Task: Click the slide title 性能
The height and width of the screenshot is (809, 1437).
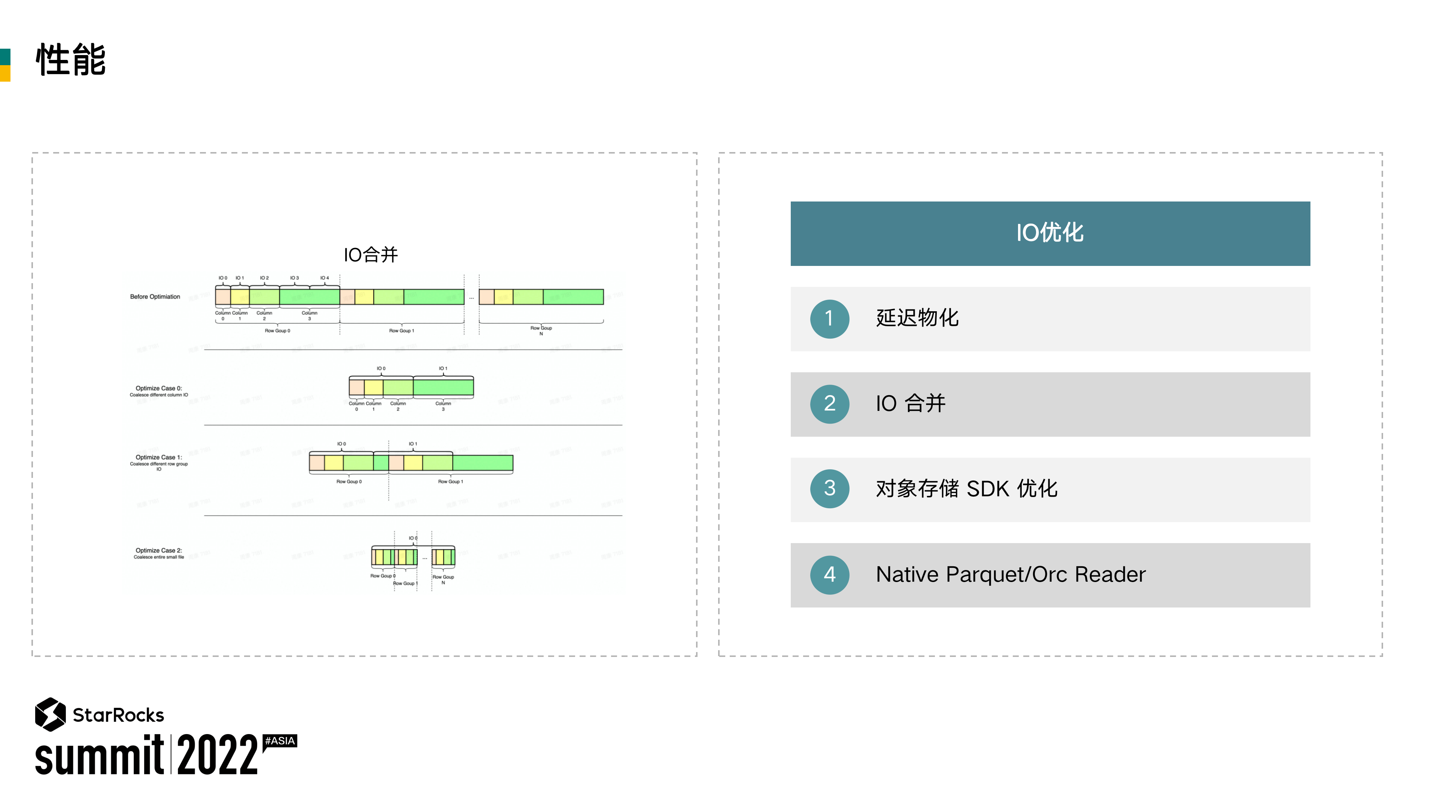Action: click(71, 60)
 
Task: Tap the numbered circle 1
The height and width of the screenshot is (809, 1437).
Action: click(829, 319)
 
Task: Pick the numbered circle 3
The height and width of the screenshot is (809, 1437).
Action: click(829, 489)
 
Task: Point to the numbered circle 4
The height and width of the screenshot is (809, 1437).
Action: click(829, 575)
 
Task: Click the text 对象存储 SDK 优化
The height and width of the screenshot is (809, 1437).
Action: click(966, 489)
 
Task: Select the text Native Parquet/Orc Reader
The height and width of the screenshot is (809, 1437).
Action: click(1010, 575)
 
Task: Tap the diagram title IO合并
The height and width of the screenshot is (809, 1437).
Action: click(370, 255)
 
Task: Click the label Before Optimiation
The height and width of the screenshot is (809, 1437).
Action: click(155, 297)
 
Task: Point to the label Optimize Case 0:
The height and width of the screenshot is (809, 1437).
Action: click(158, 388)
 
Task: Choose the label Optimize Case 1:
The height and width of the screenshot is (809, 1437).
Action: click(158, 458)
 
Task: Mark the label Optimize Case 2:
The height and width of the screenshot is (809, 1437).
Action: click(158, 551)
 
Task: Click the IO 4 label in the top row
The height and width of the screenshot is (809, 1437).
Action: click(324, 278)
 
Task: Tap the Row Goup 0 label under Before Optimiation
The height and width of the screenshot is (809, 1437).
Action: click(277, 331)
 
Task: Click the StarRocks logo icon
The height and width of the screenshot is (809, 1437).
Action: click(50, 714)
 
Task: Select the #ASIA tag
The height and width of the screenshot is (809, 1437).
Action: click(280, 741)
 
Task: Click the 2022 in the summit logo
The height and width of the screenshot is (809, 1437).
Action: click(218, 755)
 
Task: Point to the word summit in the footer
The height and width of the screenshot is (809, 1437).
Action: click(99, 756)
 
